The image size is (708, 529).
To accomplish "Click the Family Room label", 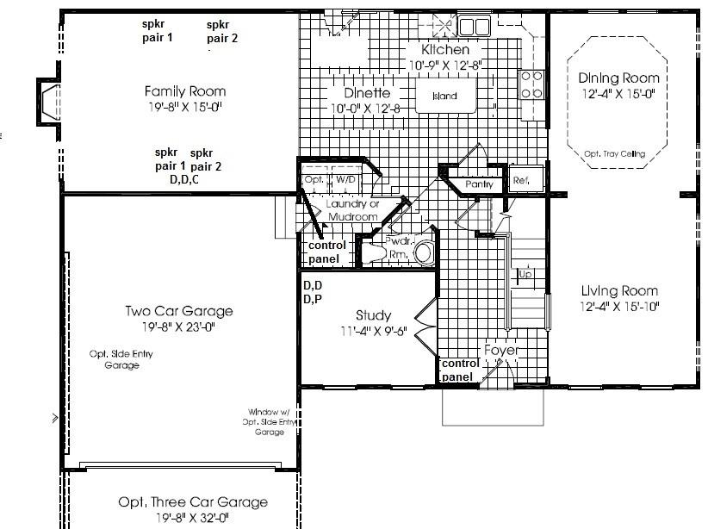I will pos(185,91).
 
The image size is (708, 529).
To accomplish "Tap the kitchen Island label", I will pos(444,96).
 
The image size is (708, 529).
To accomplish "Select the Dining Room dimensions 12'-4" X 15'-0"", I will pos(618,93).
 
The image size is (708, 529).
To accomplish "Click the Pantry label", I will pos(479,184).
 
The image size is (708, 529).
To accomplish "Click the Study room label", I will pos(373,315).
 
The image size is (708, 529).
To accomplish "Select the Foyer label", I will pos(500,351).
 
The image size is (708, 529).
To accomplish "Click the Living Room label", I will pos(618,291).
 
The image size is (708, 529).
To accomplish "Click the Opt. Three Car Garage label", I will pos(193,502).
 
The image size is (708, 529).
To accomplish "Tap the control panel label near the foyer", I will pos(460,370).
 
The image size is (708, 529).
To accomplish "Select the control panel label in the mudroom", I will pos(326,252).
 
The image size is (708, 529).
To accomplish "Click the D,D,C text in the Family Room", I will pos(185,180).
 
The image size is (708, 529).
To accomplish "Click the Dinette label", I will pos(367,93).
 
